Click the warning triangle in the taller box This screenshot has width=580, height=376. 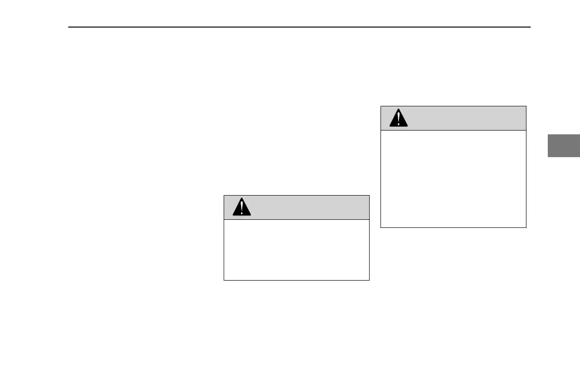pyautogui.click(x=399, y=119)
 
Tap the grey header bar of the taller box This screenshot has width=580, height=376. pyautogui.click(x=460, y=118)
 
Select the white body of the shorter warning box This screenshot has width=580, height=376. pyautogui.click(x=296, y=250)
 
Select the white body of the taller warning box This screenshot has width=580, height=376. pyautogui.click(x=453, y=179)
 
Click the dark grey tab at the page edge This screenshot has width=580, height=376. pyautogui.click(x=564, y=145)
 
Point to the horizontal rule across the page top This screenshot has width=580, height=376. pyautogui.click(x=299, y=27)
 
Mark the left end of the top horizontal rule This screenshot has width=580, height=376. pyautogui.click(x=69, y=27)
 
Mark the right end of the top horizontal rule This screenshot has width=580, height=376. pyautogui.click(x=530, y=27)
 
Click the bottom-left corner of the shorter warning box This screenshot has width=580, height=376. pyautogui.click(x=224, y=280)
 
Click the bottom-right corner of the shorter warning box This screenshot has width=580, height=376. pyautogui.click(x=369, y=280)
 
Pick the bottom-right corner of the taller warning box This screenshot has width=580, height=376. pyautogui.click(x=526, y=227)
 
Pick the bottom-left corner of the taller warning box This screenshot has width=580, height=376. pyautogui.click(x=381, y=227)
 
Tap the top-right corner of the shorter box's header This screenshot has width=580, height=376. pyautogui.click(x=369, y=195)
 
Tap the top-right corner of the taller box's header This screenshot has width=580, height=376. pyautogui.click(x=526, y=106)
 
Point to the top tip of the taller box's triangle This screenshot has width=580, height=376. pyautogui.click(x=399, y=110)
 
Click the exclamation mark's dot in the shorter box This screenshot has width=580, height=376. pyautogui.click(x=242, y=213)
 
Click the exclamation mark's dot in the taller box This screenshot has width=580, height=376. pyautogui.click(x=399, y=124)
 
